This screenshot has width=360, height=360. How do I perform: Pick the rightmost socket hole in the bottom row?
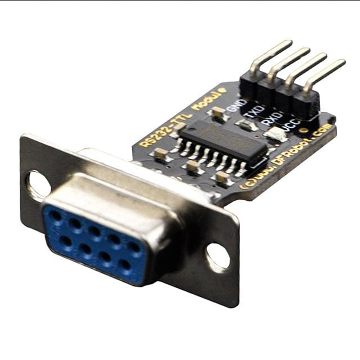tap(125, 264)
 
